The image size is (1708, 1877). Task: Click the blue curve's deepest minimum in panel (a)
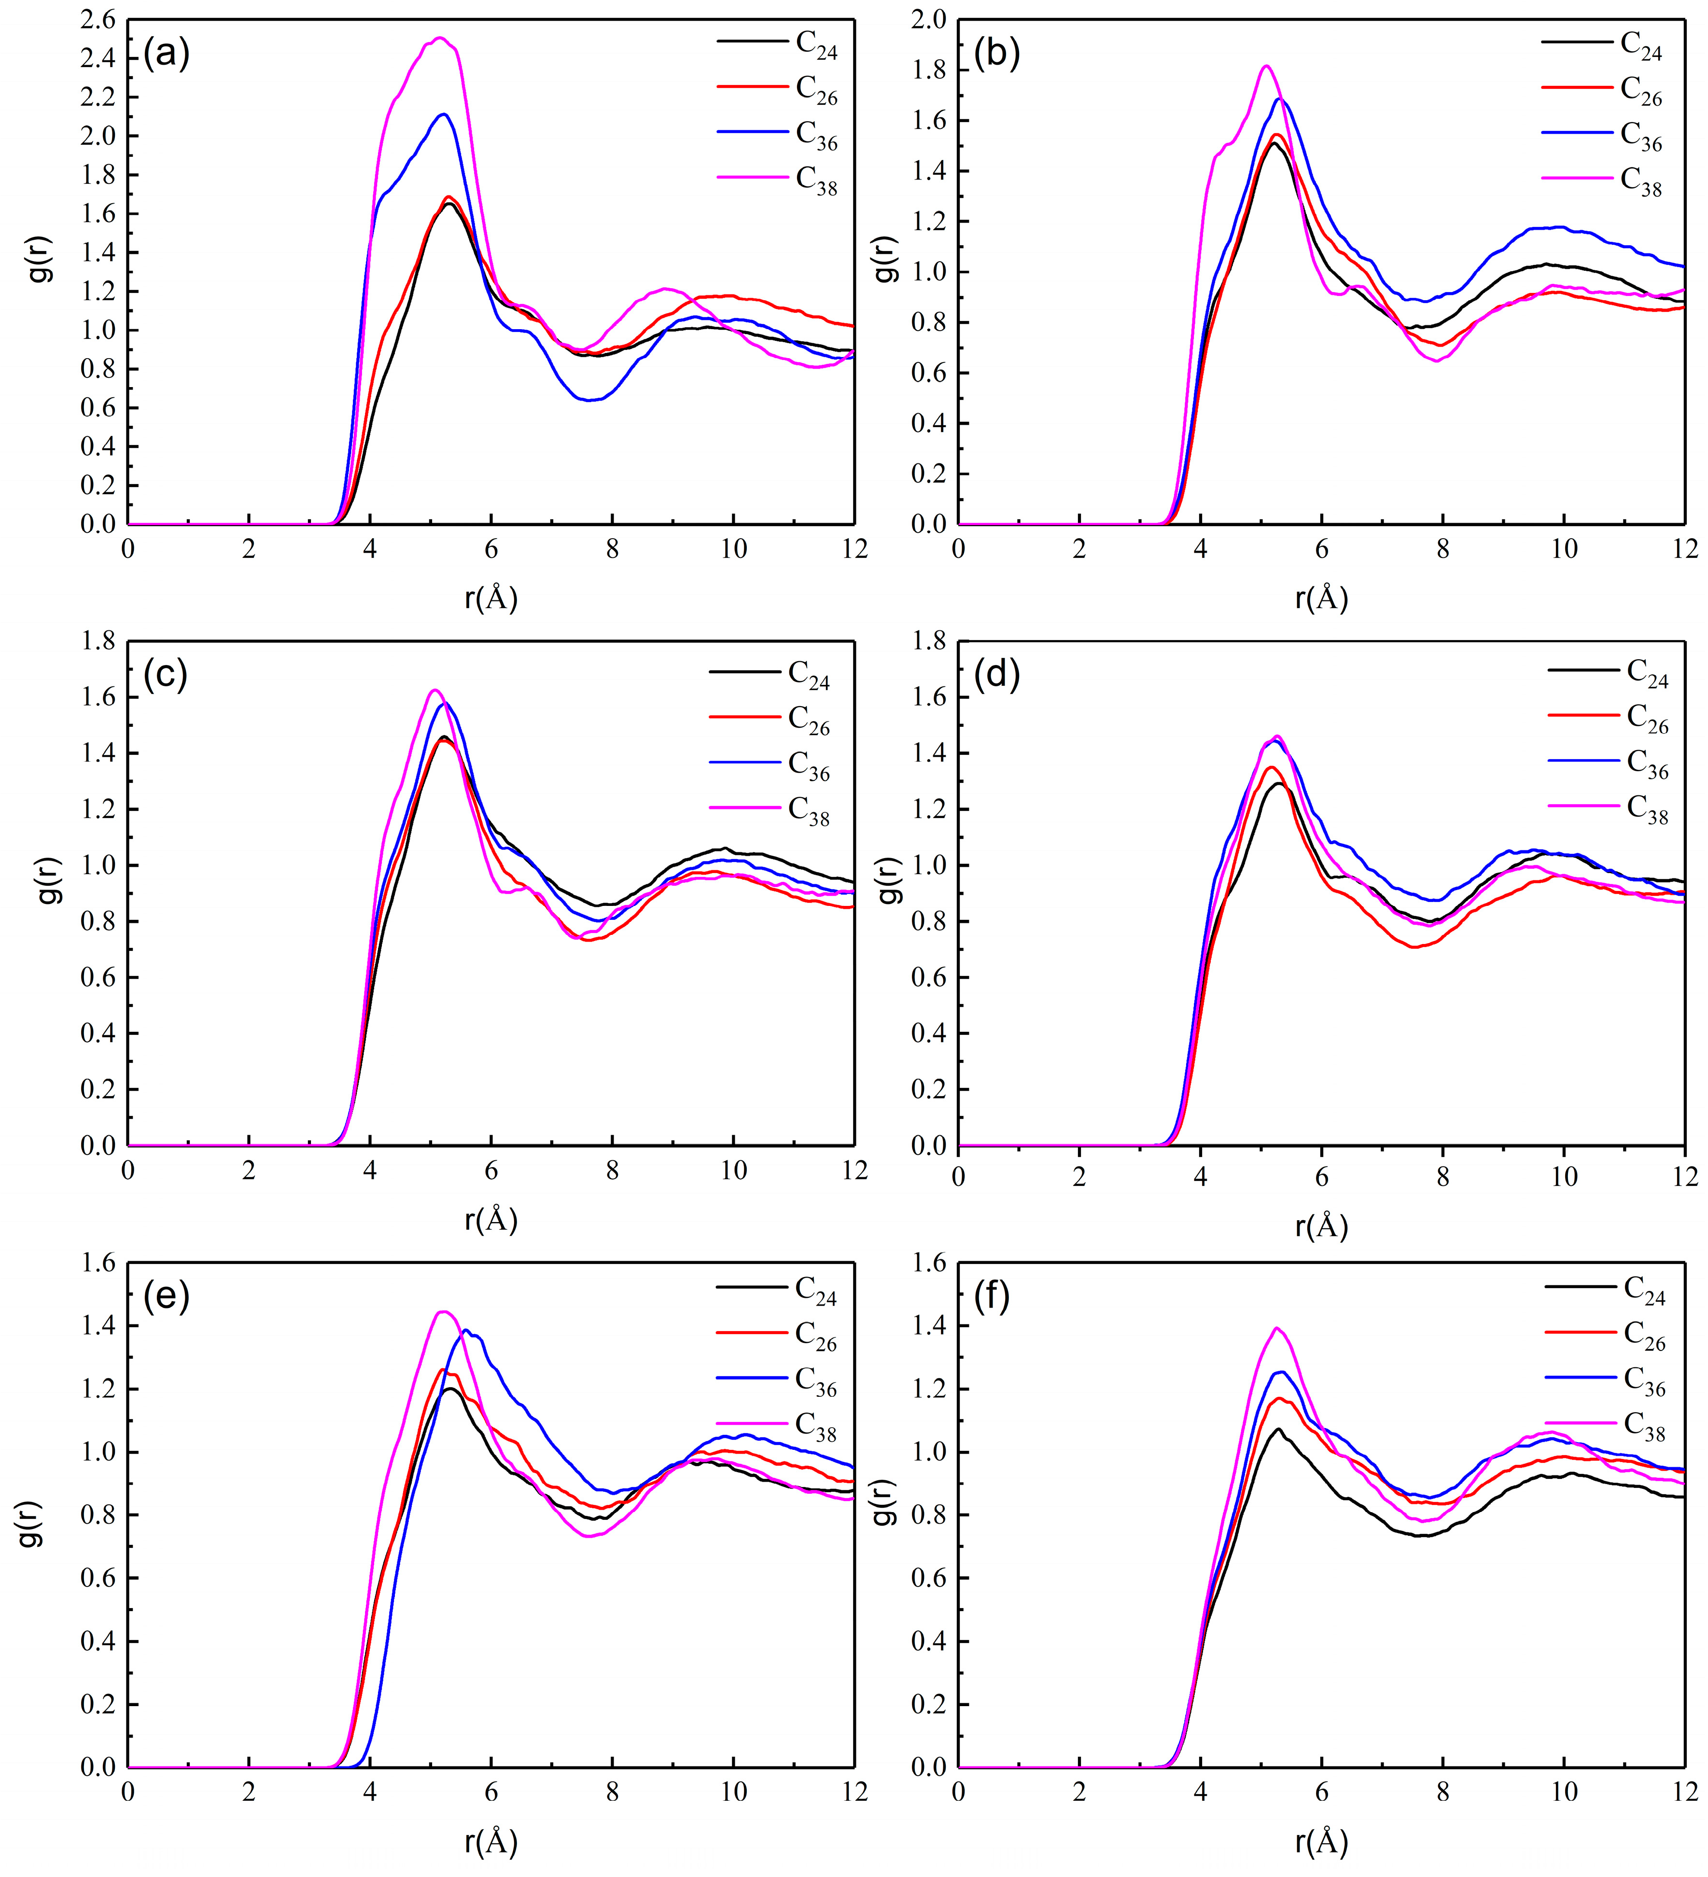click(x=588, y=400)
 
